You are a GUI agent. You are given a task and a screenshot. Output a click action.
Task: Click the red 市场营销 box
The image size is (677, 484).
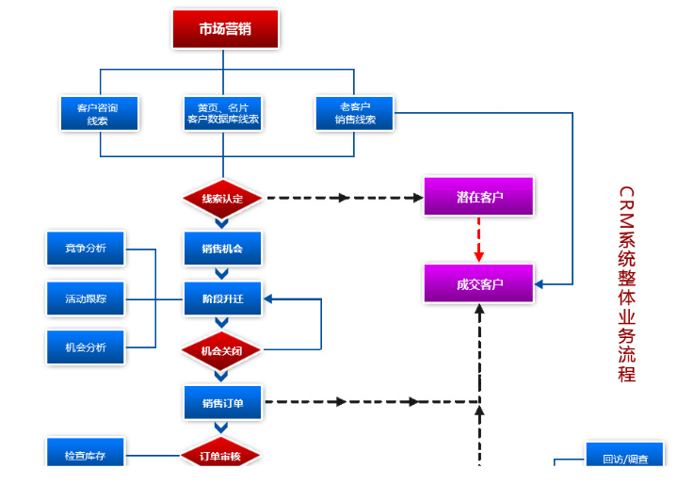225,29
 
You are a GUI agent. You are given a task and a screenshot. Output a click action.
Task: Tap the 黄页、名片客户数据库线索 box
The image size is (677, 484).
223,113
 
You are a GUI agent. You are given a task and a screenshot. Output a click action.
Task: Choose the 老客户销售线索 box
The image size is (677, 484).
354,113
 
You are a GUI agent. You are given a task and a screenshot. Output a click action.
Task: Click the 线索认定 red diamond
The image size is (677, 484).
222,198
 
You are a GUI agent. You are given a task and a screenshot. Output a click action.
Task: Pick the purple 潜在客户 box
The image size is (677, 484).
479,197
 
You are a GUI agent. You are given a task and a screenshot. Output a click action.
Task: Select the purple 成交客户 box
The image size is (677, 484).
479,283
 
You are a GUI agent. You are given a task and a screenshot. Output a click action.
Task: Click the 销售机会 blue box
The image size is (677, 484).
222,249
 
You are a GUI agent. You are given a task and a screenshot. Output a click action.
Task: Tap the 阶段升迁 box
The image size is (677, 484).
222,299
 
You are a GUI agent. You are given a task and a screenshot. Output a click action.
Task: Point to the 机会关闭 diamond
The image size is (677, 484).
222,350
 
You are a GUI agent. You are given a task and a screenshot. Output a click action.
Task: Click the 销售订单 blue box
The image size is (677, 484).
222,403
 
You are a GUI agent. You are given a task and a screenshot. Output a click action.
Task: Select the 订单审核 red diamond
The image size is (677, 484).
221,456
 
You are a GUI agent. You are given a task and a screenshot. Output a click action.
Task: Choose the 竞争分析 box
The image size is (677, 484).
86,249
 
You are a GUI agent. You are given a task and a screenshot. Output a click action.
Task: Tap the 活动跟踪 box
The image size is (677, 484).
86,298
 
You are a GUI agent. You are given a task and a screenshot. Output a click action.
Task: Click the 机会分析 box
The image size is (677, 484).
86,347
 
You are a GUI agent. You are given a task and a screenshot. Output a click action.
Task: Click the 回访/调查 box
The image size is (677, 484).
624,459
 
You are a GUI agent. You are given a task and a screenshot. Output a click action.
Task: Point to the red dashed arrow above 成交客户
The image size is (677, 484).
479,240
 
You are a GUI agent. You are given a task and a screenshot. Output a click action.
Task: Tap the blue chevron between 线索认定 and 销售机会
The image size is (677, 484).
222,223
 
